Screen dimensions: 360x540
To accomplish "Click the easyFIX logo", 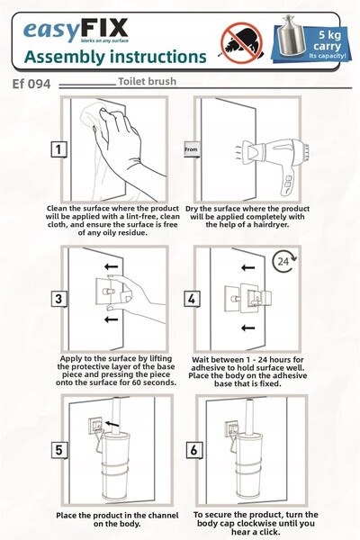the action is click(x=76, y=31).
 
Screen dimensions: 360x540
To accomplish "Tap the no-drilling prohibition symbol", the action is click(x=241, y=42).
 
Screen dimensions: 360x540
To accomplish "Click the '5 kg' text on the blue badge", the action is click(x=329, y=35).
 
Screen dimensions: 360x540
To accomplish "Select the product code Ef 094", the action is click(x=31, y=84).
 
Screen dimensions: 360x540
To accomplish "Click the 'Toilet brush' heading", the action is click(x=147, y=82).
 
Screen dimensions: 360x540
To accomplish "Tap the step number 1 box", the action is click(x=58, y=149).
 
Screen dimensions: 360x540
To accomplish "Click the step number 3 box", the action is click(x=58, y=299).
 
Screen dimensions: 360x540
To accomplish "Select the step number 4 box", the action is click(x=192, y=299).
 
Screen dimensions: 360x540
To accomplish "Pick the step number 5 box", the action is click(x=58, y=450).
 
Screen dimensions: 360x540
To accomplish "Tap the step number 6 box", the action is click(x=194, y=450).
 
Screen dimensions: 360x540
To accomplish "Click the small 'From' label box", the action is click(x=191, y=149).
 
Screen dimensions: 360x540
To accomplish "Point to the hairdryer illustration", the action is click(x=272, y=162).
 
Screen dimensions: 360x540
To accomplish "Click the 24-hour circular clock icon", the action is click(x=283, y=262).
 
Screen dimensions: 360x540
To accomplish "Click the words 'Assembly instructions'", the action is click(x=115, y=58).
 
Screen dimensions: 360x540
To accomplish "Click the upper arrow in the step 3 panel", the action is click(x=112, y=266).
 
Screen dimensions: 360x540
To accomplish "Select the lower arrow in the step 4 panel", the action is click(x=247, y=328).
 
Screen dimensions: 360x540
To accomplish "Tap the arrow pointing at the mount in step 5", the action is click(x=112, y=424).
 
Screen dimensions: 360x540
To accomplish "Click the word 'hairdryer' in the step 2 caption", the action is click(x=270, y=225).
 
